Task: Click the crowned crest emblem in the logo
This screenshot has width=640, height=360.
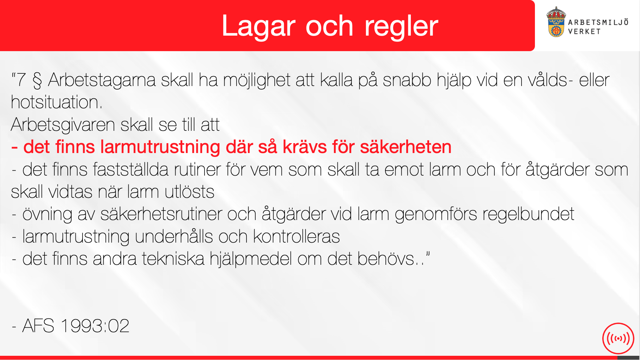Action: coord(556,22)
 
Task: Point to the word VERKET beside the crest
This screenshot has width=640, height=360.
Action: coord(584,31)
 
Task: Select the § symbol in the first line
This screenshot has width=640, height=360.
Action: coord(37,80)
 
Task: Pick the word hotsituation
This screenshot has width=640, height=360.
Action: coord(57,102)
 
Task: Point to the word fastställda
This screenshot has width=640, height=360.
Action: coord(131,170)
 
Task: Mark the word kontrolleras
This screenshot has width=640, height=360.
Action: coord(297,237)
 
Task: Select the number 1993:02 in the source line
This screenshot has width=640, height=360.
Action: coord(95,326)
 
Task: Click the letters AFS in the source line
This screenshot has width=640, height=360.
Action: coord(38,326)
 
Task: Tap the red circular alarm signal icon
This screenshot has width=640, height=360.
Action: coord(618,338)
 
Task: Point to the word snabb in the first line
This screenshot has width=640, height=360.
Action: coord(407,80)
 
